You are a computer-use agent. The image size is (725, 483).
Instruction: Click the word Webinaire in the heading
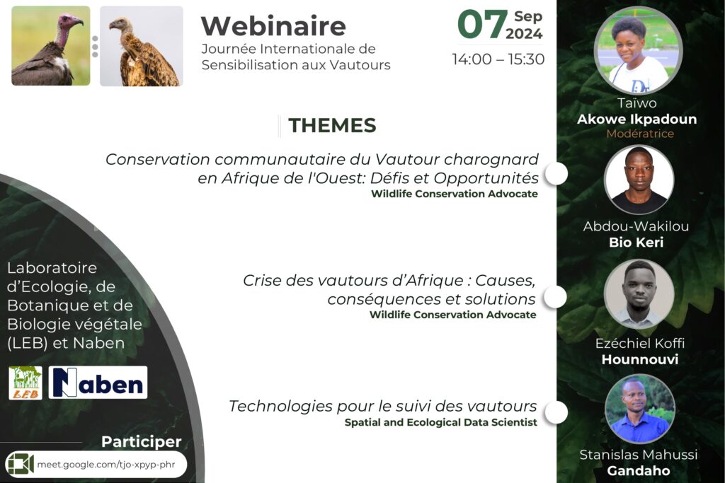pos(273,26)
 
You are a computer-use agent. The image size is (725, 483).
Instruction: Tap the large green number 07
pos(481,24)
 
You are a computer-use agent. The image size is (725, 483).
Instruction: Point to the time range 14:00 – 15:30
pos(498,59)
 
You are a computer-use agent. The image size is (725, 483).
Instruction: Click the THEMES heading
pos(332,125)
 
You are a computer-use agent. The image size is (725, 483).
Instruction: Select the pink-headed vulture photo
pos(51,46)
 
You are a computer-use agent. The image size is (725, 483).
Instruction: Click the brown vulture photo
pos(142,46)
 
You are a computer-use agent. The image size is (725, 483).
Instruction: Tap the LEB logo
pos(25,383)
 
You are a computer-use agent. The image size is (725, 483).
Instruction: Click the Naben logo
pos(98,383)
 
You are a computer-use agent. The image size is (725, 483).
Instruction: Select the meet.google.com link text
pos(106,465)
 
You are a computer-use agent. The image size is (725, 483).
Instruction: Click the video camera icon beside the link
pos(21,464)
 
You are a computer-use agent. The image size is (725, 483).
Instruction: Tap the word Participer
pos(142,441)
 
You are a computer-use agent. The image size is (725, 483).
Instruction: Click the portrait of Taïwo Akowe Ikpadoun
pos(638,51)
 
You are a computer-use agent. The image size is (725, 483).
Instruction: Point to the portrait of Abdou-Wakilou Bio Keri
pos(639,180)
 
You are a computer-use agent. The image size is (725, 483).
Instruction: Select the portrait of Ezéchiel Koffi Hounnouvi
pos(639,294)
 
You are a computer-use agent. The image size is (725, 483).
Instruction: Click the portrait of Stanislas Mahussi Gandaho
pos(640,409)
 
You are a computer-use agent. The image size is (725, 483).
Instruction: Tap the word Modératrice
pos(640,134)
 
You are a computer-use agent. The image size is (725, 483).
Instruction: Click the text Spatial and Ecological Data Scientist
pos(440,422)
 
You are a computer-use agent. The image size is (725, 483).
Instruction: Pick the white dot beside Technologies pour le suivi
pos(556,413)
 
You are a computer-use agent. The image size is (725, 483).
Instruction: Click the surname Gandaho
pos(638,470)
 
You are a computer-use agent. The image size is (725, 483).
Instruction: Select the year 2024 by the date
pos(524,34)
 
